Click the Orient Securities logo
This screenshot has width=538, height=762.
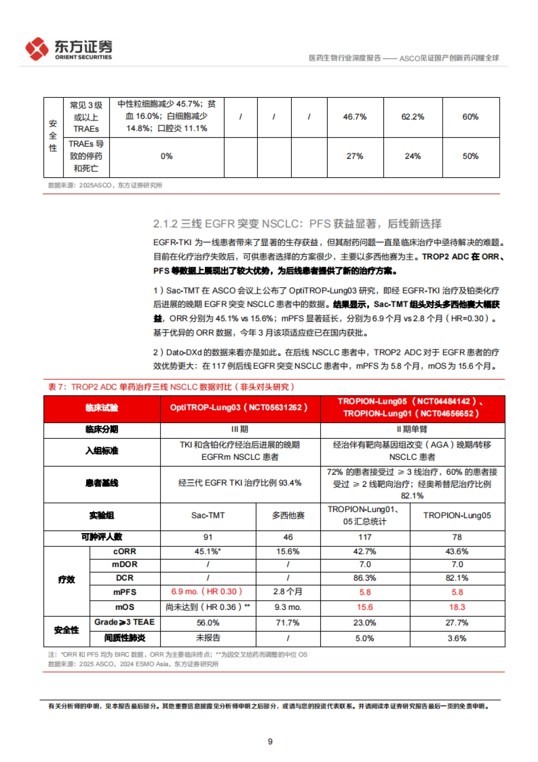point(69,49)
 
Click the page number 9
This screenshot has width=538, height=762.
point(270,741)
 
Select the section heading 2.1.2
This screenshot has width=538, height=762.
point(297,223)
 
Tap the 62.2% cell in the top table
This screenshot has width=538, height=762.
point(412,117)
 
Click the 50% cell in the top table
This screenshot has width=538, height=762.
point(470,156)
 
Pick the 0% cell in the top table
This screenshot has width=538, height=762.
point(166,156)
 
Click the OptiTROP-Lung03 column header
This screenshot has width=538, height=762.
point(239,407)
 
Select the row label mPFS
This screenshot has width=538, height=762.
point(125,592)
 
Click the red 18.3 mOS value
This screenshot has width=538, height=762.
point(457,607)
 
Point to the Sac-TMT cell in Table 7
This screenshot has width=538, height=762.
point(208,515)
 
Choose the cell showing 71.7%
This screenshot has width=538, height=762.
point(287,622)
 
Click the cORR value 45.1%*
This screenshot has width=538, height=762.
point(208,551)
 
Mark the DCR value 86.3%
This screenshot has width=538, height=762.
point(364,578)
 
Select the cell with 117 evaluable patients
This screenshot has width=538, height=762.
point(364,537)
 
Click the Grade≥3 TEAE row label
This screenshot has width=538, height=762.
point(124,622)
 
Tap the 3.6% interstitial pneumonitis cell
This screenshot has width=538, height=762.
point(457,638)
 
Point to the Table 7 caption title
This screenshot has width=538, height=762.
point(171,387)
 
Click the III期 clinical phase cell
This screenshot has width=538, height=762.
point(239,429)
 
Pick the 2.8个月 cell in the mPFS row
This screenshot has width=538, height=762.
point(287,591)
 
